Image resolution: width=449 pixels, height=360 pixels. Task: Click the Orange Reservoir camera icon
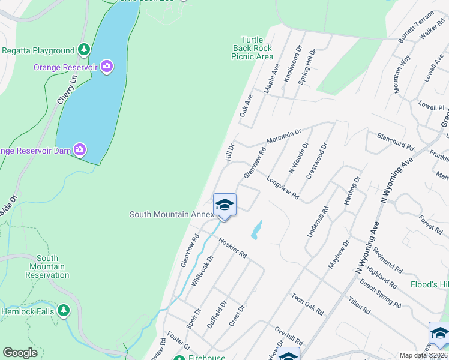[x=107, y=67]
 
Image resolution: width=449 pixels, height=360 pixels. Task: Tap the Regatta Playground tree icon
[x=85, y=50]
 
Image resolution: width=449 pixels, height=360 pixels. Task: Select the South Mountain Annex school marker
[x=224, y=205]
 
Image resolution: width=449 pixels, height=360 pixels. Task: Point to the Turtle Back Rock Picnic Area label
[x=252, y=48]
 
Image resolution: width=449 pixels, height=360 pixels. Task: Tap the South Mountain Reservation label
[x=47, y=266]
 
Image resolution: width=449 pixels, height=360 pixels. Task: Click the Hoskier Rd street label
[x=233, y=247]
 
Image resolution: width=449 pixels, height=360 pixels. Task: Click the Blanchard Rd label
[x=396, y=142]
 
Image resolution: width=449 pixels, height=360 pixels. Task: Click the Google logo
[x=20, y=353]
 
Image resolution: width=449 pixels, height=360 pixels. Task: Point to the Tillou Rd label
[x=357, y=305]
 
